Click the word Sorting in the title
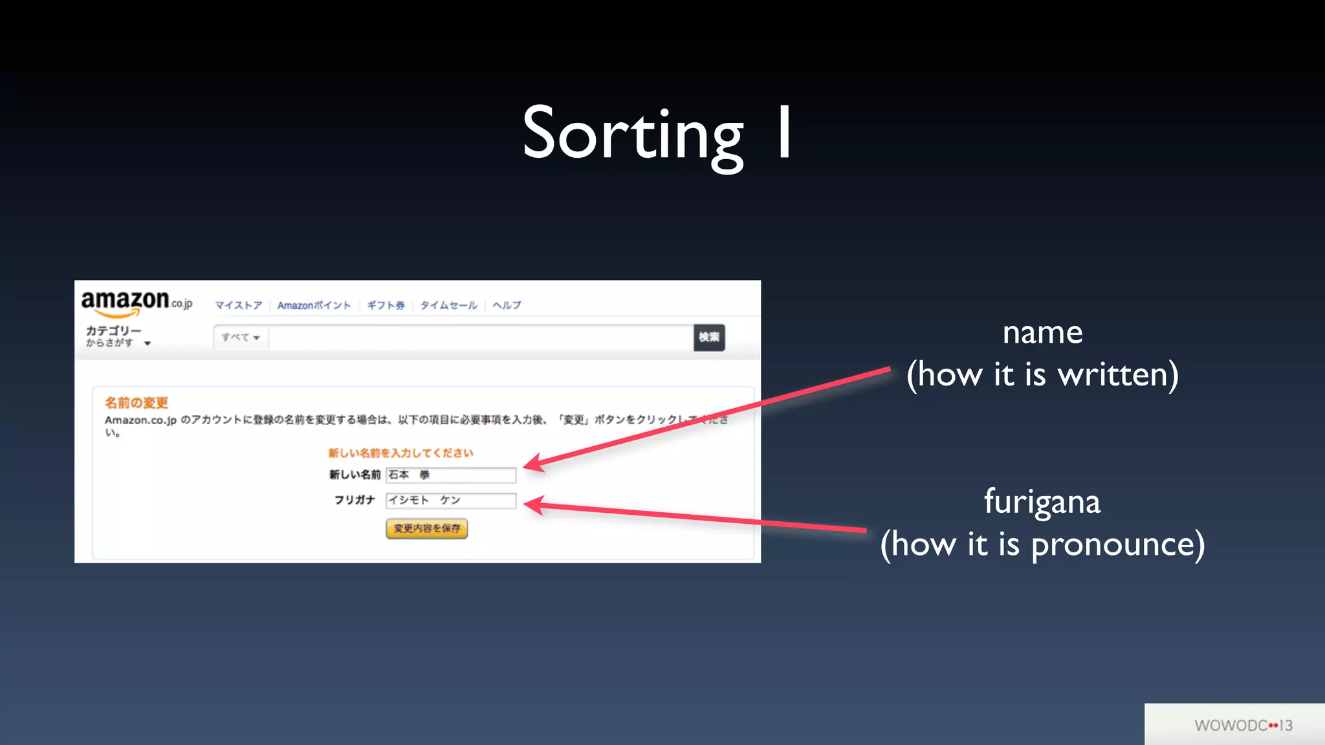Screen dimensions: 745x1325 point(633,135)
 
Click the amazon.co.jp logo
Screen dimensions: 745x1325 point(136,303)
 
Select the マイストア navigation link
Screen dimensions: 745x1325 point(238,305)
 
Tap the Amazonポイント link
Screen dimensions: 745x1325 point(314,305)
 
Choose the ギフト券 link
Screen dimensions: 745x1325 point(386,305)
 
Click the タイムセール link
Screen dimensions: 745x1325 point(448,305)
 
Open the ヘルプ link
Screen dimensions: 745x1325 point(507,305)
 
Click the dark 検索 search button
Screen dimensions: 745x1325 point(708,338)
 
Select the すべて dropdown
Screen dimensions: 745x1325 point(241,338)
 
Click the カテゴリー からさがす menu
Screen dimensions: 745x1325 point(116,336)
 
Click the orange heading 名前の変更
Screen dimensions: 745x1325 point(137,403)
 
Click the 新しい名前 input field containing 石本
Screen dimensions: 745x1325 point(451,475)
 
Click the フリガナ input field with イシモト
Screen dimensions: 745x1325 point(451,501)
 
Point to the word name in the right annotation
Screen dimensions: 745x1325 point(1042,334)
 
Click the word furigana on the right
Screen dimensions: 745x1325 point(1042,502)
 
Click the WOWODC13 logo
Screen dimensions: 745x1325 point(1243,726)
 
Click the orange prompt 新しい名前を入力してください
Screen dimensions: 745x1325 point(400,453)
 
